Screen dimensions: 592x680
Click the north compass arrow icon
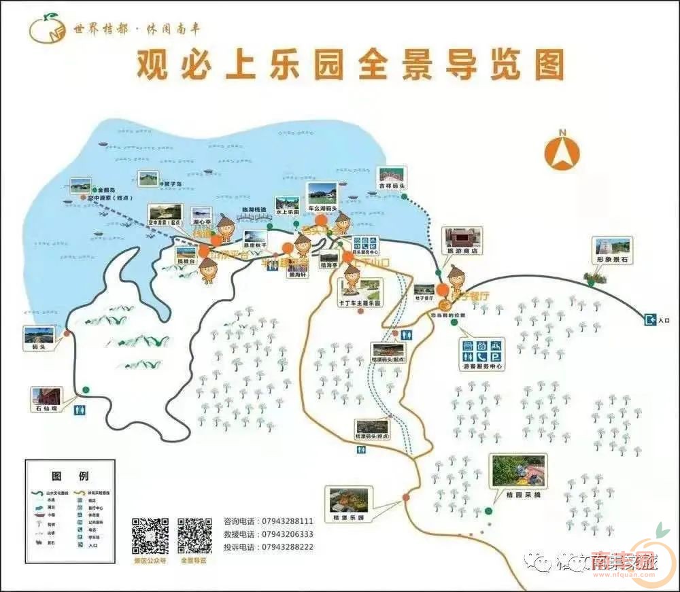pos(562,152)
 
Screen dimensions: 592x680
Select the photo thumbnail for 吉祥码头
pos(392,175)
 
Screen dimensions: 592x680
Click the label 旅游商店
pos(462,250)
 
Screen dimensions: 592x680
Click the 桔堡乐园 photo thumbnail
pos(350,500)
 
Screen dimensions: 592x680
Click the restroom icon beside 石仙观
pos(80,409)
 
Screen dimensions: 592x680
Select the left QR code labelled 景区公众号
pos(150,536)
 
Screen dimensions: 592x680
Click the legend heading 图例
pos(69,476)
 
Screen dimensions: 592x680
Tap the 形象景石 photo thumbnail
pos(613,246)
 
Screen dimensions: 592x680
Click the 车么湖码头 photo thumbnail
pos(321,193)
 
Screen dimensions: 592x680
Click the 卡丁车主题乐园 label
pos(360,303)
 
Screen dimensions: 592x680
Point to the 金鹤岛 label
pos(107,190)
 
